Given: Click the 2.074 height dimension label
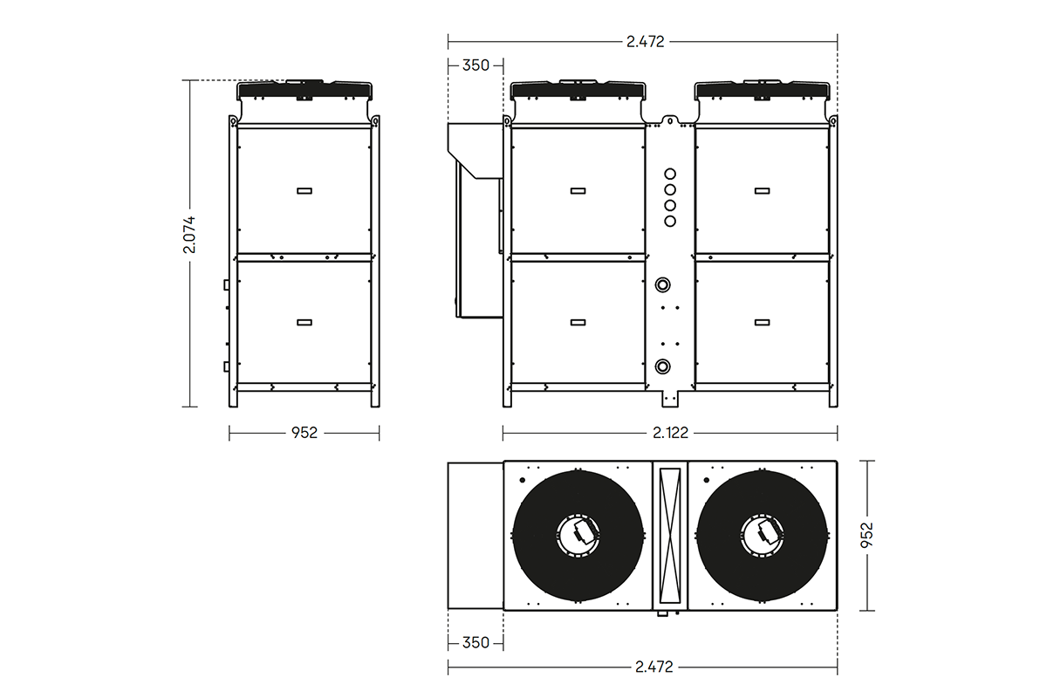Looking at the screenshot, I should [x=189, y=235].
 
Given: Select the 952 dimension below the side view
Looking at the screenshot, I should [x=305, y=433].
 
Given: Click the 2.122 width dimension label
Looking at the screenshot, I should [x=669, y=433].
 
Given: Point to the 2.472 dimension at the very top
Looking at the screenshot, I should [x=643, y=41].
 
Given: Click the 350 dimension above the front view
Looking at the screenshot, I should [x=476, y=65].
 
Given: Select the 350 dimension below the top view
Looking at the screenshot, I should [x=476, y=643].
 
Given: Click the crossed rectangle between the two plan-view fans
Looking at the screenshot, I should [x=670, y=534].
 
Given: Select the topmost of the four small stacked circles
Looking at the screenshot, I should [x=670, y=173].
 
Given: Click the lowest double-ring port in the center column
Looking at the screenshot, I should [x=663, y=365].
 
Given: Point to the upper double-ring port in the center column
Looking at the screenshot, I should [x=663, y=284].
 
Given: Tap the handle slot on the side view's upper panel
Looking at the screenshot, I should [x=305, y=190].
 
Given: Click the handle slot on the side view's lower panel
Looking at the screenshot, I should [x=305, y=322].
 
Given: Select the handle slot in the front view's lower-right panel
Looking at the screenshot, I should [x=762, y=322].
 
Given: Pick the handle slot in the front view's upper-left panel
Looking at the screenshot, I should [x=578, y=190].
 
